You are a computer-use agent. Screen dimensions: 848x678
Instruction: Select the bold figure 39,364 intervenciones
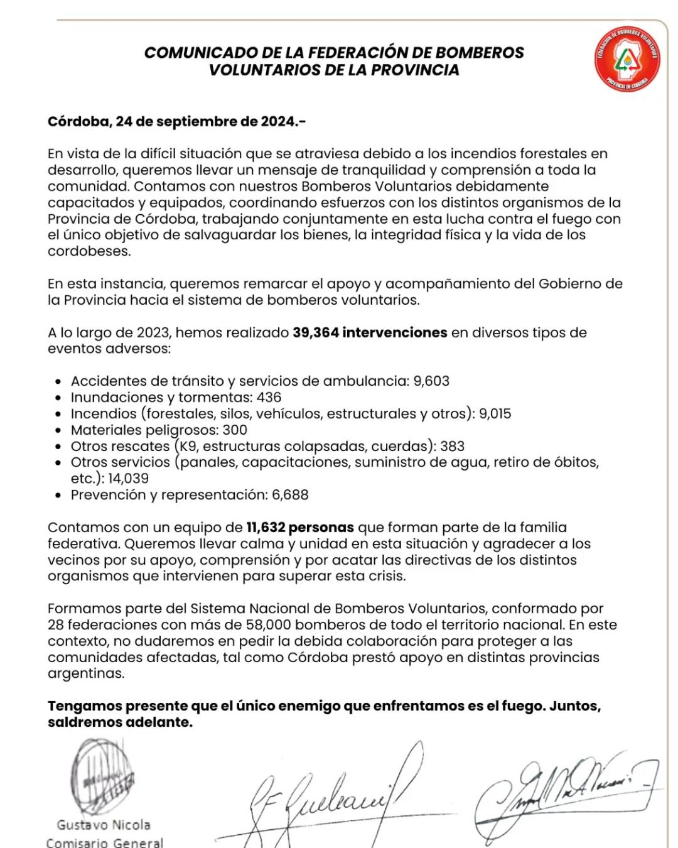point(370,333)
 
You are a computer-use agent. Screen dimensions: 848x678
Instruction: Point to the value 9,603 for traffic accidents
point(431,381)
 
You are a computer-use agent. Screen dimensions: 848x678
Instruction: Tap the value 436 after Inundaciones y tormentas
point(269,398)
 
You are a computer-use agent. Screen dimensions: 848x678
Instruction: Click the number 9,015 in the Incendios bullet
point(495,414)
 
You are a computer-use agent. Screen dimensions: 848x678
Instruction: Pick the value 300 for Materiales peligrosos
point(235,430)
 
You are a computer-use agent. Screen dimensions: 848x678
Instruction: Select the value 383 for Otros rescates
point(452,447)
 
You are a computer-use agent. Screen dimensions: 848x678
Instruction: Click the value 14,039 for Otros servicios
point(128,479)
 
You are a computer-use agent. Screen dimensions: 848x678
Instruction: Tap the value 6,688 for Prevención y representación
point(290,495)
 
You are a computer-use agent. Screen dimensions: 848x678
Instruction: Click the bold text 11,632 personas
point(300,528)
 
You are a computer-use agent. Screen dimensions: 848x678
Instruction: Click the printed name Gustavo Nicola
point(104,825)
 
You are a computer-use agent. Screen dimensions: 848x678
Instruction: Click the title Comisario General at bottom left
point(104,842)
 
